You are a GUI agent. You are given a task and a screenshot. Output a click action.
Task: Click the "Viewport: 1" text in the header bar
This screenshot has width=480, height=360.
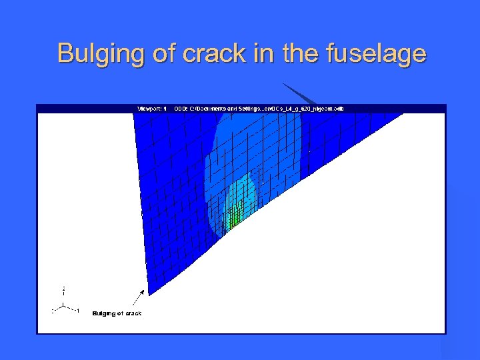point(151,108)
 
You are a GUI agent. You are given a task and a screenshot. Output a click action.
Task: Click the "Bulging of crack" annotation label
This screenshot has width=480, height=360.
point(117,313)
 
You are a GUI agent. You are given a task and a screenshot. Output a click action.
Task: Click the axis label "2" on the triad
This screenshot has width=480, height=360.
point(63,289)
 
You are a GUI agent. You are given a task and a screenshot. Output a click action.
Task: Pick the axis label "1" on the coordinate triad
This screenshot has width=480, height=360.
point(78,311)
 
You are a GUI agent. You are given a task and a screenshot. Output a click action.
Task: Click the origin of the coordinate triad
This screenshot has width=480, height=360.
point(63,305)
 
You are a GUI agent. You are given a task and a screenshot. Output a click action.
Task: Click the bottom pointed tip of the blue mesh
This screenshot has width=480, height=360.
point(149,294)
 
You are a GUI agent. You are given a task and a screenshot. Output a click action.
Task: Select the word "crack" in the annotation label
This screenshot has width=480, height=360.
point(133,313)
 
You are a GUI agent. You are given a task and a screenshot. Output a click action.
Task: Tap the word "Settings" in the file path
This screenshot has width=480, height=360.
point(236,108)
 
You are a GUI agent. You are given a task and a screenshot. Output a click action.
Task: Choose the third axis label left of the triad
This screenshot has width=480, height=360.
point(53,311)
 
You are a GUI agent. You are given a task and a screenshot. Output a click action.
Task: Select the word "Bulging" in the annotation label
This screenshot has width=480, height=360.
point(103,313)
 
